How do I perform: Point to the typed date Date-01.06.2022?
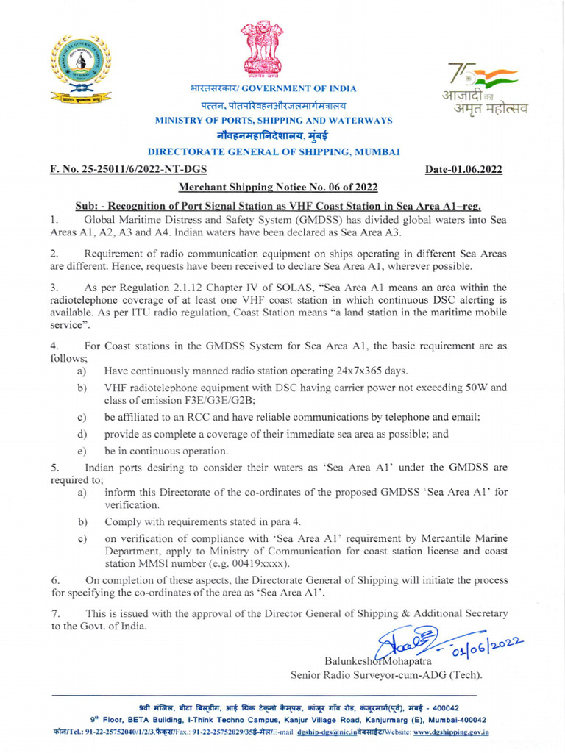(x=464, y=170)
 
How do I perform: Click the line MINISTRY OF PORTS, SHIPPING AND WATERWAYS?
(x=273, y=121)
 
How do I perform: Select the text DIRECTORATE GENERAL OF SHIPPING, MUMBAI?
(x=274, y=152)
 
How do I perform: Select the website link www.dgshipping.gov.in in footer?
(x=451, y=732)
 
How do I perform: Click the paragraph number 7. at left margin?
(x=55, y=613)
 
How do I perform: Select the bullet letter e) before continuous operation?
(x=81, y=450)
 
